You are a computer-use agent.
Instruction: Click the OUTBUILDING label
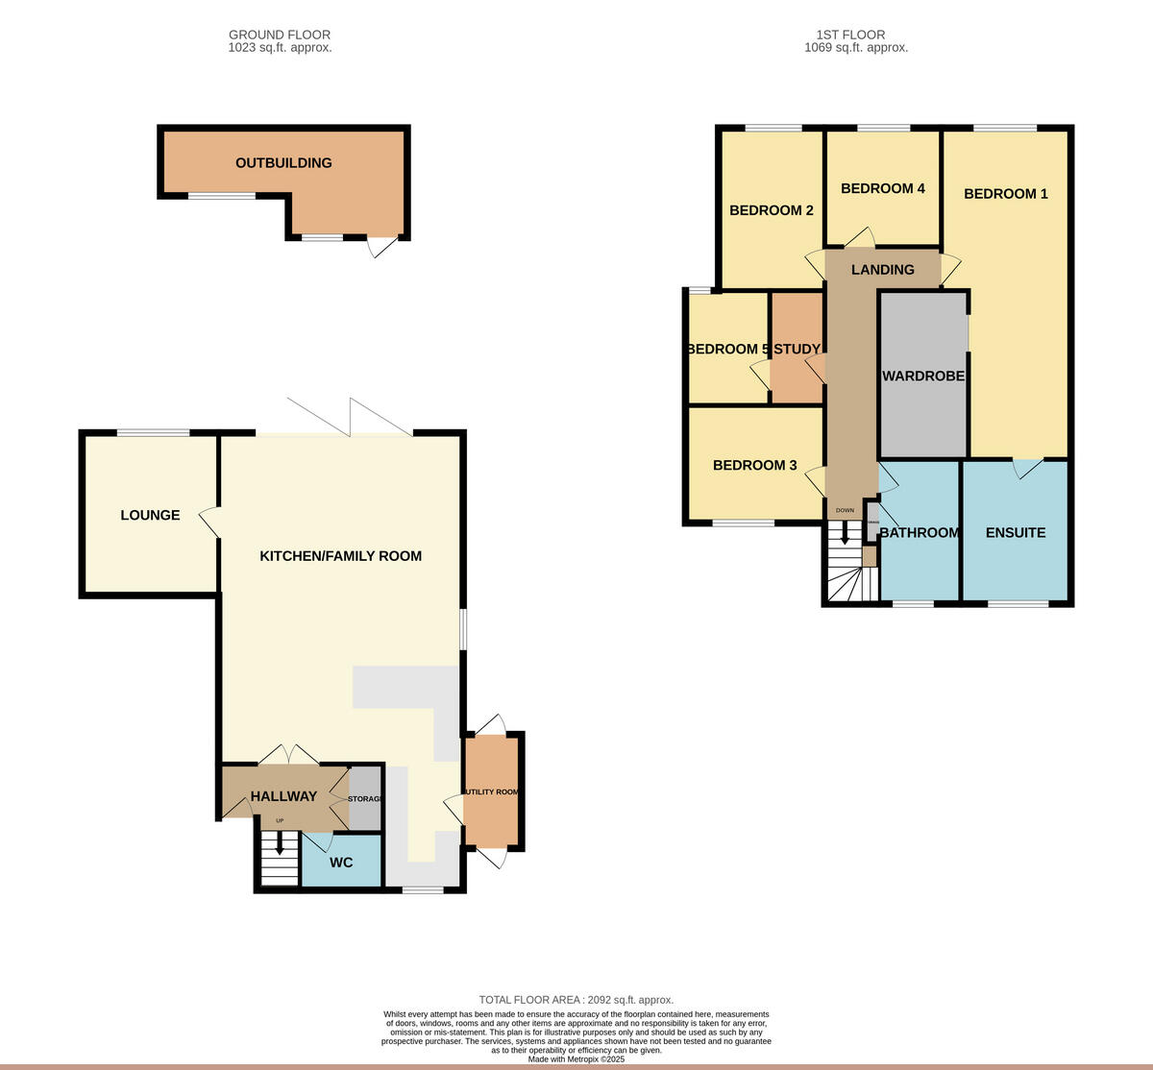coord(283,163)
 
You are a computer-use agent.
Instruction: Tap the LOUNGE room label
coord(150,516)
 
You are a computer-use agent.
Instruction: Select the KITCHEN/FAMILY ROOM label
coord(340,556)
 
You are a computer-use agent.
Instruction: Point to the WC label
coord(341,863)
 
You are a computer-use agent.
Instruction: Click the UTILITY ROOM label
coord(492,792)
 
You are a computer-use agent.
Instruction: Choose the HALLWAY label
coord(283,796)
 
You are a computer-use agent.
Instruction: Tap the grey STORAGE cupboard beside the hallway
coord(365,798)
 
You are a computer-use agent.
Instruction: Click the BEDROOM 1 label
coord(1005,194)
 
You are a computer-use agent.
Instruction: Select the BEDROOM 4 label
coord(882,188)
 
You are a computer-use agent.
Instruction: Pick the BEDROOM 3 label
coord(754,466)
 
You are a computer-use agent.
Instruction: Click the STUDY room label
coord(797,350)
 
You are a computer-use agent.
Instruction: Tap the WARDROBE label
coord(922,377)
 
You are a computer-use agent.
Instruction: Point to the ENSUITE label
coord(1015,533)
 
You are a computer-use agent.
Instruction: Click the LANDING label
coord(882,270)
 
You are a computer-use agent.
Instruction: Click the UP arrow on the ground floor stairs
coord(280,842)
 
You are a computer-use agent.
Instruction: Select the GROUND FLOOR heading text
coord(280,35)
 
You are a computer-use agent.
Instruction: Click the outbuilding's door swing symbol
coord(382,247)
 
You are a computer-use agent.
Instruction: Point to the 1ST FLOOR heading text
coord(855,35)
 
